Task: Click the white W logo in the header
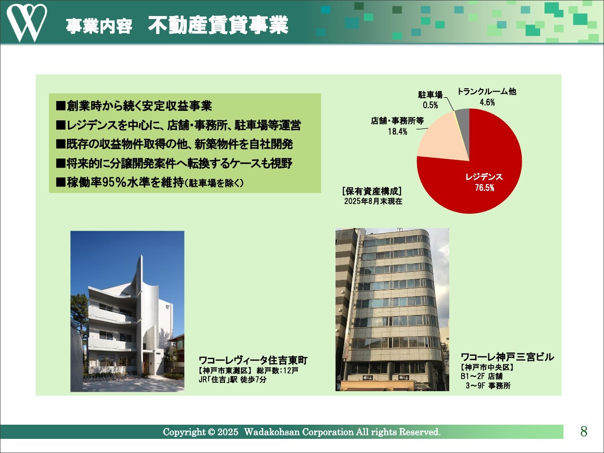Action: (27, 23)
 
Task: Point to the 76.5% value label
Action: (485, 188)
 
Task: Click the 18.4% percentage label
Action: (398, 132)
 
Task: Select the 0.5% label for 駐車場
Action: (430, 105)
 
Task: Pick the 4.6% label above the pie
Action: (487, 102)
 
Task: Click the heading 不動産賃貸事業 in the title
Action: (218, 25)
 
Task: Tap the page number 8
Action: (584, 431)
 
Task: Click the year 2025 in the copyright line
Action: (228, 432)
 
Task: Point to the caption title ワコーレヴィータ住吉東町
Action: (253, 360)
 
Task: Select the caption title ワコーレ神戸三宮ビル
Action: (507, 357)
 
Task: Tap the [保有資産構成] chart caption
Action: (371, 191)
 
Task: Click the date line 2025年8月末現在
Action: (373, 201)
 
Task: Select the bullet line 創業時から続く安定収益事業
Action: (134, 106)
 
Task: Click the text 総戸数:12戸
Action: (277, 370)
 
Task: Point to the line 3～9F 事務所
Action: (488, 386)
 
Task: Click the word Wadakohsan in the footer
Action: (272, 432)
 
